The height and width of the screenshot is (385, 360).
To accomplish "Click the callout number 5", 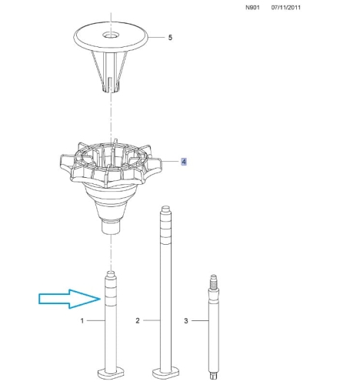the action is coord(170,38).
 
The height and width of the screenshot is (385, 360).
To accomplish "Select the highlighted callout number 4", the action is coord(184,162).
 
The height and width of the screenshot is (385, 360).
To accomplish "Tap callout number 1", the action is coord(82,320).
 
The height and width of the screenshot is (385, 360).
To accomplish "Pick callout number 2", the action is coord(138,320).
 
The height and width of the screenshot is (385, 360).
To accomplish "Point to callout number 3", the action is coord(186,320).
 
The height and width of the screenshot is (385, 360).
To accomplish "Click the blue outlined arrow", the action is coord(69,299).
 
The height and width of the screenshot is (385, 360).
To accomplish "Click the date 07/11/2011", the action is coord(286,8).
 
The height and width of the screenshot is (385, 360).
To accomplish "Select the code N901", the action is coord(252,8).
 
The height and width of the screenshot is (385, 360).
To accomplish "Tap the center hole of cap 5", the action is coord(112,35).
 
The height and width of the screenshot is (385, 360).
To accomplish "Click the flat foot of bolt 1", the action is coord(112,373).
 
